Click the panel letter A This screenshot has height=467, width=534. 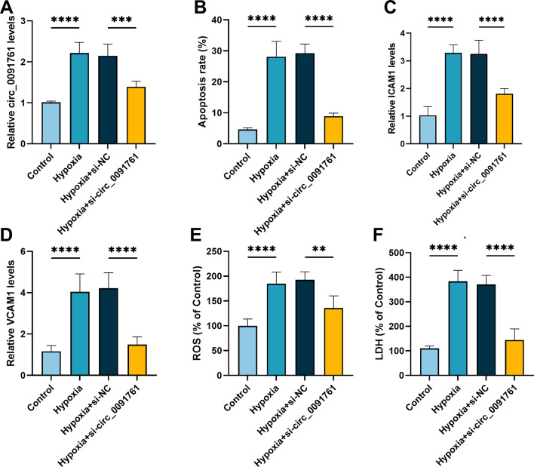click(x=8, y=9)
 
